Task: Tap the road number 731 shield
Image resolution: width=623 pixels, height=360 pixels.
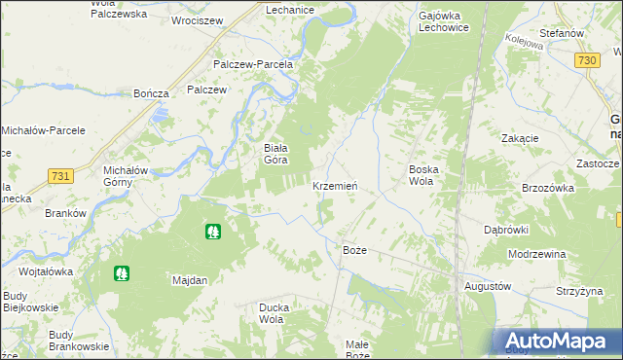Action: point(60,175)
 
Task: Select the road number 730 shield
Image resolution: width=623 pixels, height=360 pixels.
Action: point(586,60)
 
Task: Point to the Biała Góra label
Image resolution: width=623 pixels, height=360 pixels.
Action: point(260,154)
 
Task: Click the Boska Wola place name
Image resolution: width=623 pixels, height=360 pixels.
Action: point(422,174)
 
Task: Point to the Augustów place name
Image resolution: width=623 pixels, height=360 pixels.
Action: point(487,287)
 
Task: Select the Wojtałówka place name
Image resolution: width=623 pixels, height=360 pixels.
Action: point(46,271)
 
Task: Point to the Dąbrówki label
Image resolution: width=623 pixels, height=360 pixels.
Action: point(506,230)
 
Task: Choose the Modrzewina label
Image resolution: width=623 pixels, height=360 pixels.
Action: point(536,254)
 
